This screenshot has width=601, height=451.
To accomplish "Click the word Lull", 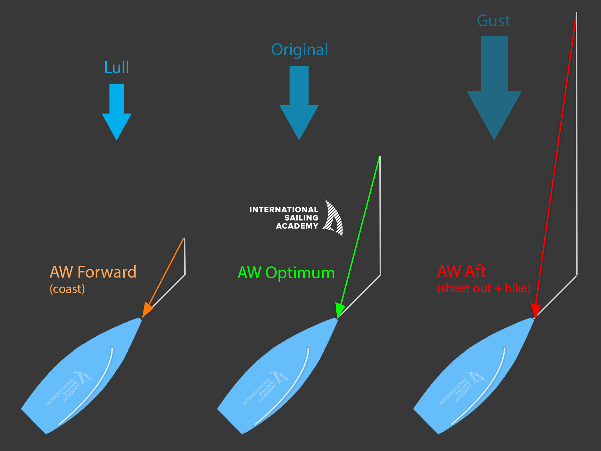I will coord(116,68).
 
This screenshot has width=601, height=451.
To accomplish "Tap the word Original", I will coord(300,50).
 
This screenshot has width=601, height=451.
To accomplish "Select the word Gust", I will coord(494,21).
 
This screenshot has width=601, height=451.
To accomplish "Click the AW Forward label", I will coord(93,272).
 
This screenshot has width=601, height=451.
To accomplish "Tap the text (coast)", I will coord(67,289).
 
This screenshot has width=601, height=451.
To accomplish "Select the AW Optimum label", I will coord(286,273).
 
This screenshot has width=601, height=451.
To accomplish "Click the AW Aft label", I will coord(461,271).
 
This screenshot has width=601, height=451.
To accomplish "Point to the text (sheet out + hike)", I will coord(484,288).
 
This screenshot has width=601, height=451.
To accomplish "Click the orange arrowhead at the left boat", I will coord(147,310).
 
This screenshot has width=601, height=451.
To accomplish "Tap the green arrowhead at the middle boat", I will coord(340,310).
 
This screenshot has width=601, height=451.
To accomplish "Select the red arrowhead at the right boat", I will coord(536,310).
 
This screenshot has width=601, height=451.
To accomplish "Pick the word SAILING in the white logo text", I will coord(301,218).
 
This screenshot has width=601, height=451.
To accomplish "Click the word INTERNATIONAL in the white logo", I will coord(284,210).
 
